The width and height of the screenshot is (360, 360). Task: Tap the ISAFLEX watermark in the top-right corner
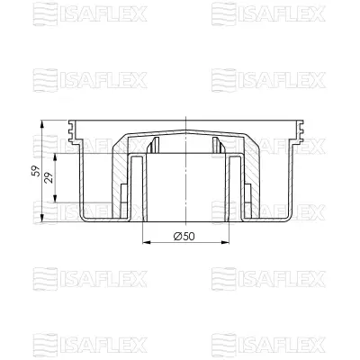point(267,13)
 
